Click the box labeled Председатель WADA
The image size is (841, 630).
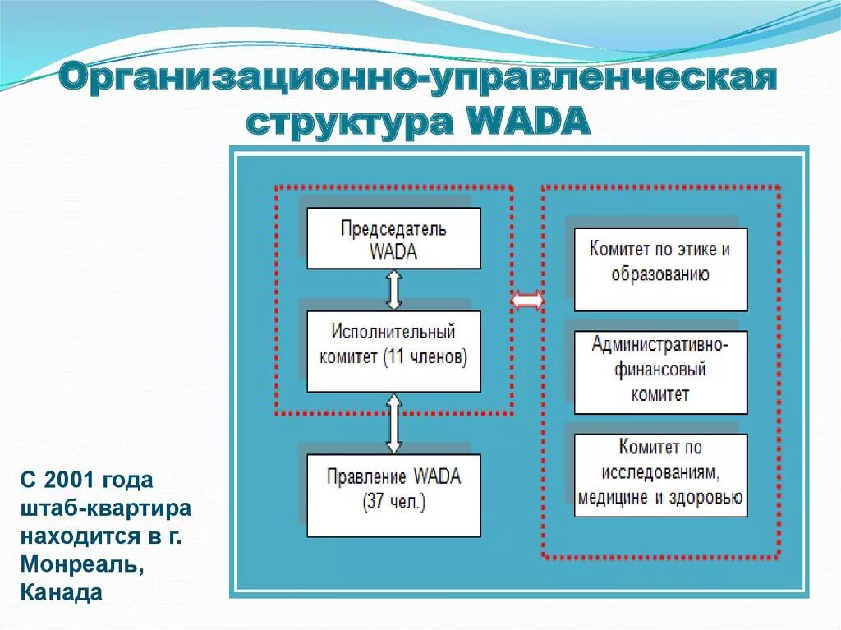tap(393, 238)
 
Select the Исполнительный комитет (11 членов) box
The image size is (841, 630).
tap(393, 351)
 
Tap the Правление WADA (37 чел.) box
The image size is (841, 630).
tap(393, 495)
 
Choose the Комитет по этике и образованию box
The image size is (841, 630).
tap(660, 269)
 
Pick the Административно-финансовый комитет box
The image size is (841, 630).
tap(660, 372)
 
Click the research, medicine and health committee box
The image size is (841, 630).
tap(660, 475)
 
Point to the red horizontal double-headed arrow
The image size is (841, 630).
tap(526, 301)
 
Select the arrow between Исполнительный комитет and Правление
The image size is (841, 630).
tap(394, 423)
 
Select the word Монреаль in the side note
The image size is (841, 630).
tap(69, 567)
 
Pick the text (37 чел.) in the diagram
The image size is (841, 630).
tap(393, 503)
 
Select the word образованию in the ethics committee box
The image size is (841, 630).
tap(660, 274)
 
